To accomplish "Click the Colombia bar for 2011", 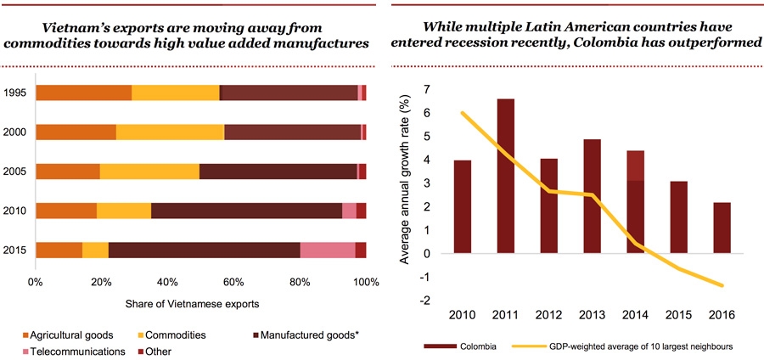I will [x=505, y=176].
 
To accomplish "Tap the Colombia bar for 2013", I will [x=592, y=196].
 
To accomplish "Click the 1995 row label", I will [x=14, y=93].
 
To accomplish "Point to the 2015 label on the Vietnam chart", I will [x=14, y=250].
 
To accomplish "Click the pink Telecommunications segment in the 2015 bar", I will [x=328, y=250].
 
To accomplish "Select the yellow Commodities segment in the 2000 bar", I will [x=170, y=132].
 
